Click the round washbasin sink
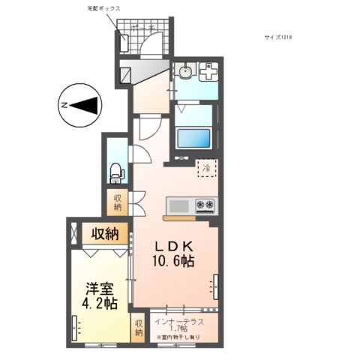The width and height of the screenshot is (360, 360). click(x=184, y=72)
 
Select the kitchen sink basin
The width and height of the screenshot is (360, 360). click(x=179, y=205)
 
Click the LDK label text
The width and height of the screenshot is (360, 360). click(x=176, y=245)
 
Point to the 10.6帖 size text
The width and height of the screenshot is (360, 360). click(x=176, y=262)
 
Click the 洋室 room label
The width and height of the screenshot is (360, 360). click(x=100, y=287)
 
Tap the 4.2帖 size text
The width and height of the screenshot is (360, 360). click(x=100, y=304)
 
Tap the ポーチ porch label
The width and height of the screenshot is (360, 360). click(x=142, y=28)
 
